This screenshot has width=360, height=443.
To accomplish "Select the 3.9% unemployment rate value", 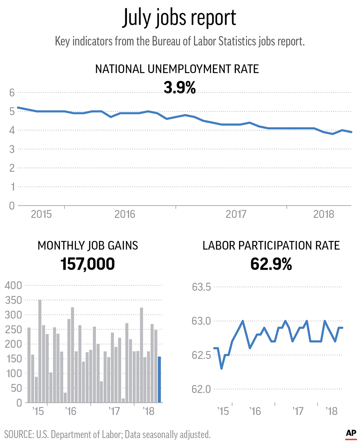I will point(179,87).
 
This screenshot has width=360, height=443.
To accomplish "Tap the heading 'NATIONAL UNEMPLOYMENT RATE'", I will point(177,69).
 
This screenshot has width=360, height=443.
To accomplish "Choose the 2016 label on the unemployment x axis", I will point(125,215).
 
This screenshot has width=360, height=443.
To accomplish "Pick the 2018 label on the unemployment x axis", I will point(324,215).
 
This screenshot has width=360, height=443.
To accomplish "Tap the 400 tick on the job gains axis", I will point(13,286).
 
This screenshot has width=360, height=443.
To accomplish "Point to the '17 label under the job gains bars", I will point(114,411).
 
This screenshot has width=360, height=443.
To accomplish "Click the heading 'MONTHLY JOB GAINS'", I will point(88,246).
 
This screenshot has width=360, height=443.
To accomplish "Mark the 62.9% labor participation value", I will point(271,264).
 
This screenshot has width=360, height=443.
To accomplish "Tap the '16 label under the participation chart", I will point(255,411).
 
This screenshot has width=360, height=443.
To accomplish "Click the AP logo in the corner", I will point(351,434).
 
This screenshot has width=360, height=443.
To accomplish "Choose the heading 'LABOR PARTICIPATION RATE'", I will point(271,246).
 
